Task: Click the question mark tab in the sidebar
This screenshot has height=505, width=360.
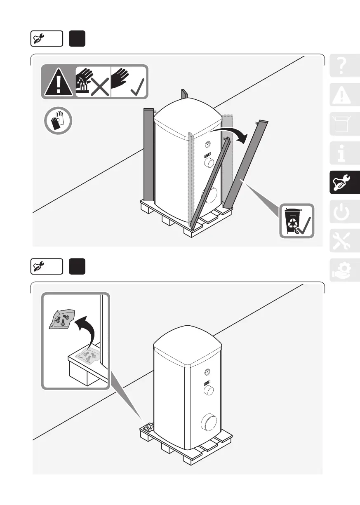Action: coord(345,66)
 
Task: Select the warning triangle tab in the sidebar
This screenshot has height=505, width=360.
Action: coord(345,95)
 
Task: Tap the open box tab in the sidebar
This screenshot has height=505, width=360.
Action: coord(345,124)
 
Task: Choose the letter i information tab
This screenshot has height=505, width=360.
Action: coord(345,153)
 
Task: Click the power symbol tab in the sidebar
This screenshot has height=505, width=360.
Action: coord(345,212)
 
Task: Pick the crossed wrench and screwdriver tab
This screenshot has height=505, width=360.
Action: coord(345,240)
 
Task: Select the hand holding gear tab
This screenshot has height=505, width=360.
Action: coord(345,270)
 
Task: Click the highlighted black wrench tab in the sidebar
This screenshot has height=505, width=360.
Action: coord(345,183)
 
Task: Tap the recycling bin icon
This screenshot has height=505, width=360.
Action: coord(296,221)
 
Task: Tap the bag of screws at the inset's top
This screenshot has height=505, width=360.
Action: coord(61,319)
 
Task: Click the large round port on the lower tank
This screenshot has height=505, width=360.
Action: coord(210,423)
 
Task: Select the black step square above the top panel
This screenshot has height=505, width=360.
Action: coord(77,39)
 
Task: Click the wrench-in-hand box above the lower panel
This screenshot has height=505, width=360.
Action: coord(47,267)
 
